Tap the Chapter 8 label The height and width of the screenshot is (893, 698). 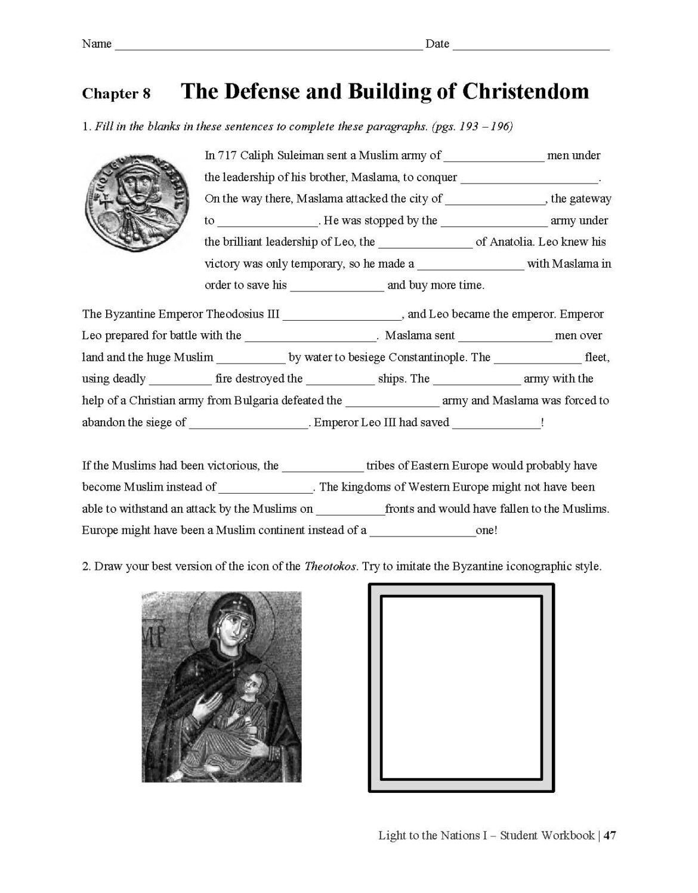116,94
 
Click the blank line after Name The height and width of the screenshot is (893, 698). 268,45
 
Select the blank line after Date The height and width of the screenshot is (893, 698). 531,45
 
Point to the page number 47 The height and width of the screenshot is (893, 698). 609,836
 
